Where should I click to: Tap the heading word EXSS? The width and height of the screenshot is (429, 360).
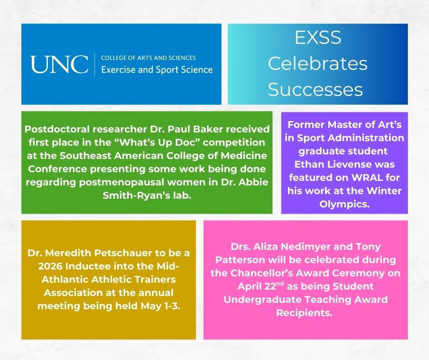coord(318,38)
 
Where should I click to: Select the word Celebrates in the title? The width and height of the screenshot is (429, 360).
coord(318,64)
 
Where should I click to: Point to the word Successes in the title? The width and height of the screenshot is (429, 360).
coord(315,90)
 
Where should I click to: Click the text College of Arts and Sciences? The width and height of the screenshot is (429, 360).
coord(148,58)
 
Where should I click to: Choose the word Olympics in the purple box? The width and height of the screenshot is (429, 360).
coord(344,204)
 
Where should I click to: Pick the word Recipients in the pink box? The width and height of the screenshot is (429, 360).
coord(305,312)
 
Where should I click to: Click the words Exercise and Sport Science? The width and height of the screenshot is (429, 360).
coord(157,69)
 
